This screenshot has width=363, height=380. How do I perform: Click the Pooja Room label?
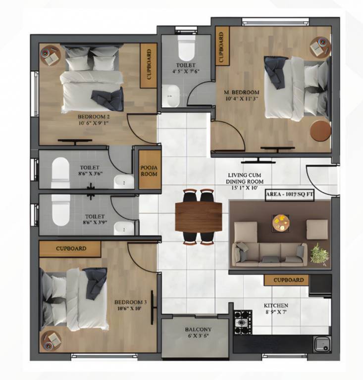(x=149, y=171)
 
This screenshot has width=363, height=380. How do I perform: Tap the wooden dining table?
(x=199, y=217)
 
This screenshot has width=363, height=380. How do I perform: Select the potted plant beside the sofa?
(x=319, y=253)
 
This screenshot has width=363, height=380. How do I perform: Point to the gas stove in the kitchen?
(x=243, y=322)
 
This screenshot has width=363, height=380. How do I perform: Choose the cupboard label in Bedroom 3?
(x=71, y=248)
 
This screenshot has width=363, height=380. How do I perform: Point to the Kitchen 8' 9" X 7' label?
(x=276, y=309)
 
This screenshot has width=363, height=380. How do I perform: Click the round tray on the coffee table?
(x=281, y=223)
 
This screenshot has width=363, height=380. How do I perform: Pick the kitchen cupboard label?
(x=289, y=280)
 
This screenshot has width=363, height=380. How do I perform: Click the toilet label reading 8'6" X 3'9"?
(x=94, y=220)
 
